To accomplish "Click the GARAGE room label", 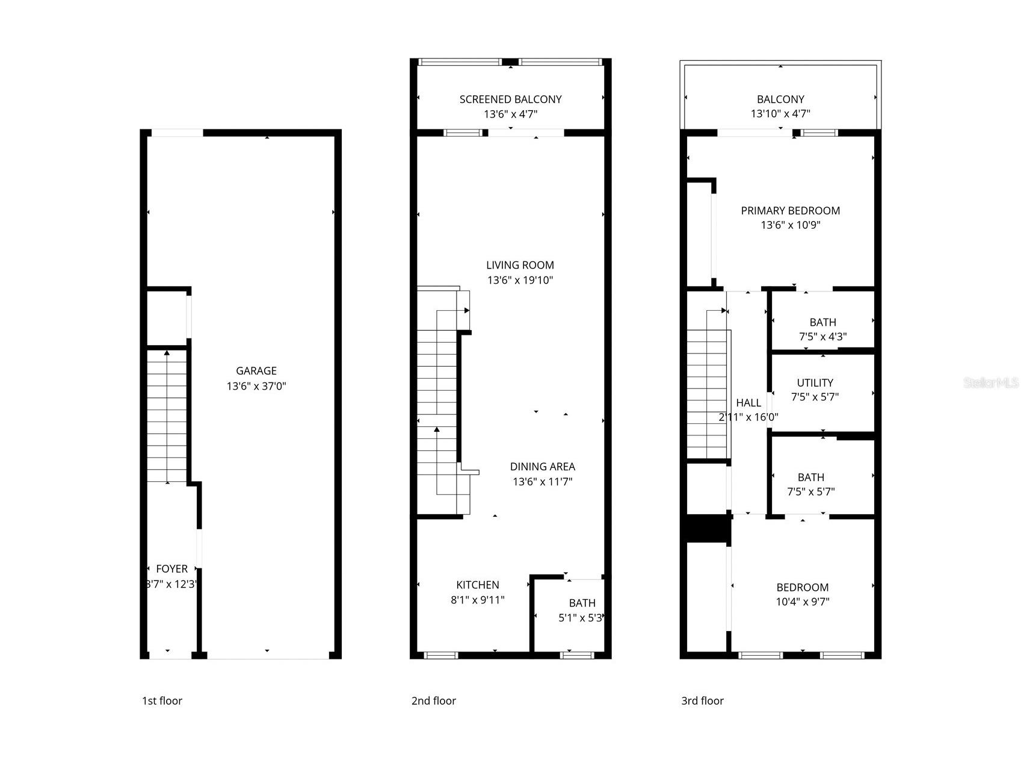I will [x=256, y=371].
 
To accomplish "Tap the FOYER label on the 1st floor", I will [x=171, y=569].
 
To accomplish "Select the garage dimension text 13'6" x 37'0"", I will [x=256, y=386].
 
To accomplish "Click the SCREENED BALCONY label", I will [x=510, y=99].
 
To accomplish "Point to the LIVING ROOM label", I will [x=520, y=265].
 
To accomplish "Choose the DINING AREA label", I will [x=542, y=467].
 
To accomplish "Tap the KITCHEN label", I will [x=478, y=585].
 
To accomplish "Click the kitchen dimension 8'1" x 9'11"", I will [x=478, y=600].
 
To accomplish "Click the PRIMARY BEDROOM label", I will [x=790, y=211].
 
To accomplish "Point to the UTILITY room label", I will [x=815, y=383].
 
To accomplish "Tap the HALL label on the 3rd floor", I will [x=748, y=403].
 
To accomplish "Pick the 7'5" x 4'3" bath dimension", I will [x=822, y=337].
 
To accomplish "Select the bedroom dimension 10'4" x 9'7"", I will [x=802, y=602].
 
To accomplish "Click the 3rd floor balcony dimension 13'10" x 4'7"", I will [x=780, y=114].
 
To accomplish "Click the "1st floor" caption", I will [x=162, y=701].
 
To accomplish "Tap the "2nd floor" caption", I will [x=433, y=701].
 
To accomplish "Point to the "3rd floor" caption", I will [x=702, y=701].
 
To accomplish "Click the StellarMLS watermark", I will [x=990, y=383].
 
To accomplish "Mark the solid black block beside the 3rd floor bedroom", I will [x=708, y=529].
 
